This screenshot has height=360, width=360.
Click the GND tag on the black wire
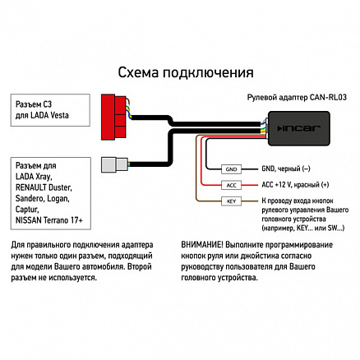(231, 169)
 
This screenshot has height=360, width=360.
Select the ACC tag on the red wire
(231, 185)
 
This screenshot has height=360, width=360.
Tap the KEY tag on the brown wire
(231, 201)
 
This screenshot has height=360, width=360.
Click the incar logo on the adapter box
(298, 128)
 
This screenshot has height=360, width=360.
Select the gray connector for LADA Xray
(114, 164)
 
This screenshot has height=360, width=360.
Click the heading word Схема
(138, 72)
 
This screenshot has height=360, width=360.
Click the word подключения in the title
(208, 73)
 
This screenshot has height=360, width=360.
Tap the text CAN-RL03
(328, 97)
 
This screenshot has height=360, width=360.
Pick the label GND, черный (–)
(286, 168)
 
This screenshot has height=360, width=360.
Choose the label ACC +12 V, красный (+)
(295, 185)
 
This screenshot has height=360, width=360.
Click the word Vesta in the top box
(58, 115)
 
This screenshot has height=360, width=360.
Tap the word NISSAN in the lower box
(27, 220)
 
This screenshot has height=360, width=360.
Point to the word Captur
(27, 210)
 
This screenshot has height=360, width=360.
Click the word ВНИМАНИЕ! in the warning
(202, 245)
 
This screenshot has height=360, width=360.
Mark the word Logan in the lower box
(58, 199)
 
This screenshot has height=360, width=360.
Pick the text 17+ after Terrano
(76, 220)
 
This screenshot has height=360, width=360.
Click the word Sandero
(30, 199)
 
